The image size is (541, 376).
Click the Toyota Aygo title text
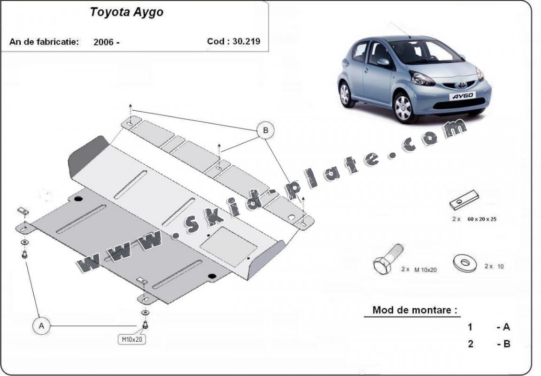coord(127,13)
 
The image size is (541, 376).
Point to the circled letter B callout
coord(265,130)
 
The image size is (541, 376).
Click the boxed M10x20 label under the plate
coord(132,339)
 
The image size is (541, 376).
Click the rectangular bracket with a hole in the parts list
coord(464,201)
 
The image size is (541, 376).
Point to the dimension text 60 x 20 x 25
coord(481,219)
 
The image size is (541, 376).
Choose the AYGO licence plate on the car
coord(463,96)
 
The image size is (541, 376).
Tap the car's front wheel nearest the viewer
coord(403,107)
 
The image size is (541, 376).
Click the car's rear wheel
coord(345,93)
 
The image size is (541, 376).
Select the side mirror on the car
coord(383,62)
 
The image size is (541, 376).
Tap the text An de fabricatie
coord(44,41)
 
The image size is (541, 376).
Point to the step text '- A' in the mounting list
coord(503,327)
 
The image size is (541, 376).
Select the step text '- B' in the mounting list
coord(503,344)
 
